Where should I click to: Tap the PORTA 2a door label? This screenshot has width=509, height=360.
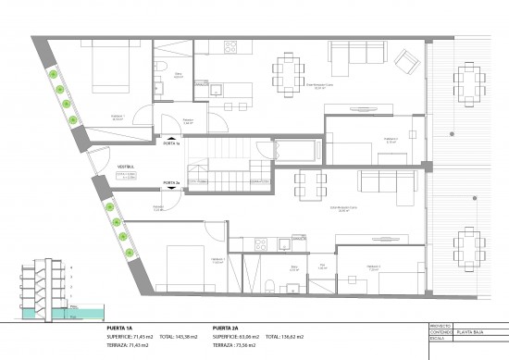[171, 182]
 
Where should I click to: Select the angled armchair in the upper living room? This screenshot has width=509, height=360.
[404, 61]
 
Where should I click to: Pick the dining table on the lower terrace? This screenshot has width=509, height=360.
[470, 245]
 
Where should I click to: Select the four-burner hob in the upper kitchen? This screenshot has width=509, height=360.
[230, 47]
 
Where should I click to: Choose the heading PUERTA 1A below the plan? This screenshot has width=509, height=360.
[120, 328]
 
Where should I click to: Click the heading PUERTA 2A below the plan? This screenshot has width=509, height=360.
[226, 328]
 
